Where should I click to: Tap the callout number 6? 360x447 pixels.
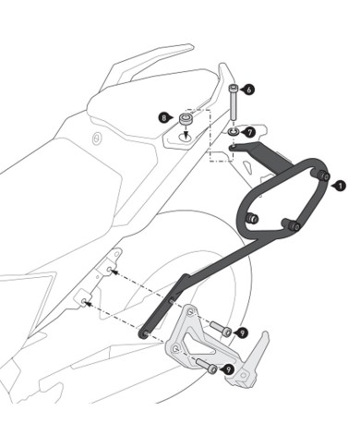(x=249, y=89)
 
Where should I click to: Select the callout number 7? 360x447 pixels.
(x=249, y=132)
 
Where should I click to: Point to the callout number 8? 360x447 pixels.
(x=164, y=118)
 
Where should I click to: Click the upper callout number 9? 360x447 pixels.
(x=242, y=332)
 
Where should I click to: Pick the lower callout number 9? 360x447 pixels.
(x=227, y=369)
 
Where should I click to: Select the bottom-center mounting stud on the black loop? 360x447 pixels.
(x=292, y=223)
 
